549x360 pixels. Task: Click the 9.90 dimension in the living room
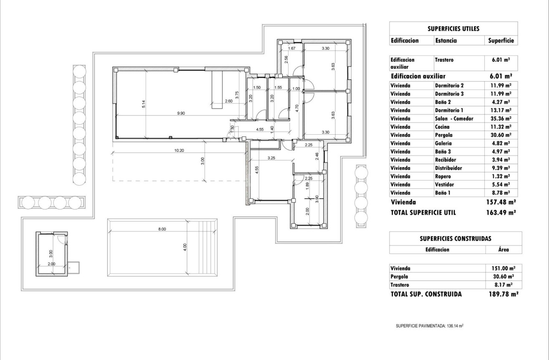tap(180, 113)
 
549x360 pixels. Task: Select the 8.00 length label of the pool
tap(162, 229)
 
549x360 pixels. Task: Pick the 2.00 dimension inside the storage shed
tap(51, 264)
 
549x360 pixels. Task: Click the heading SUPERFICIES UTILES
tap(453, 29)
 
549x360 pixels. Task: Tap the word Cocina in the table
tap(443, 127)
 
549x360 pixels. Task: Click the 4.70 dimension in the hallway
tap(297, 106)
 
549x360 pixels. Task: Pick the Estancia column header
tap(446, 41)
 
